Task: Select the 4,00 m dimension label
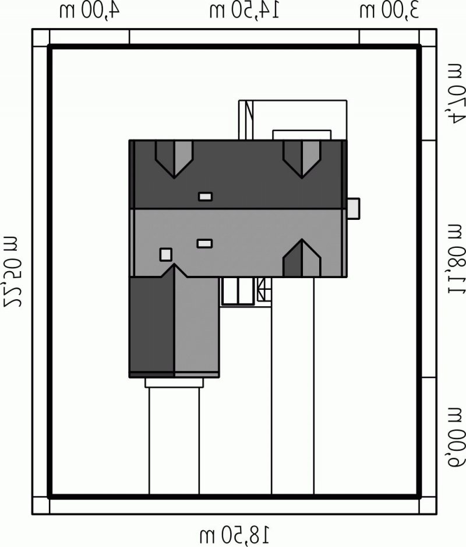89,11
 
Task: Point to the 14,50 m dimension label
244,11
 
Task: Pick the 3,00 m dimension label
389,11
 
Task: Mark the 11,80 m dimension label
456,259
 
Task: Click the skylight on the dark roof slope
205,197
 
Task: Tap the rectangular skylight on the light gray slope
204,244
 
